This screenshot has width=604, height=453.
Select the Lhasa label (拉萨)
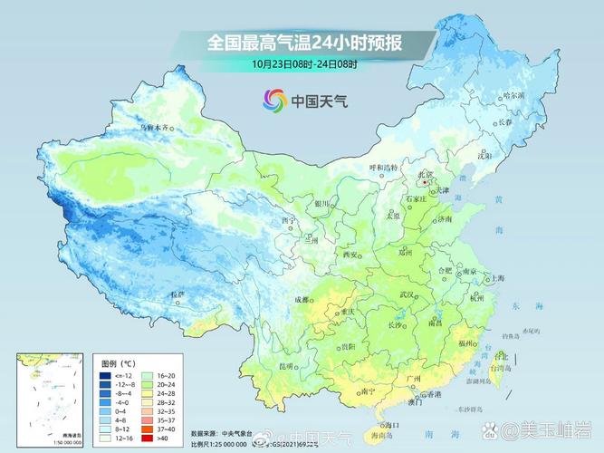tap(177, 294)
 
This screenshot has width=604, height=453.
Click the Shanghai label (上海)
tap(494, 279)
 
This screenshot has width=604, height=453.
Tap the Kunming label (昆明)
tap(288, 365)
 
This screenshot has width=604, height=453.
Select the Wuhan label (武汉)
tap(407, 295)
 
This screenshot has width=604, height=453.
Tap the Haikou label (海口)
tap(388, 424)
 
